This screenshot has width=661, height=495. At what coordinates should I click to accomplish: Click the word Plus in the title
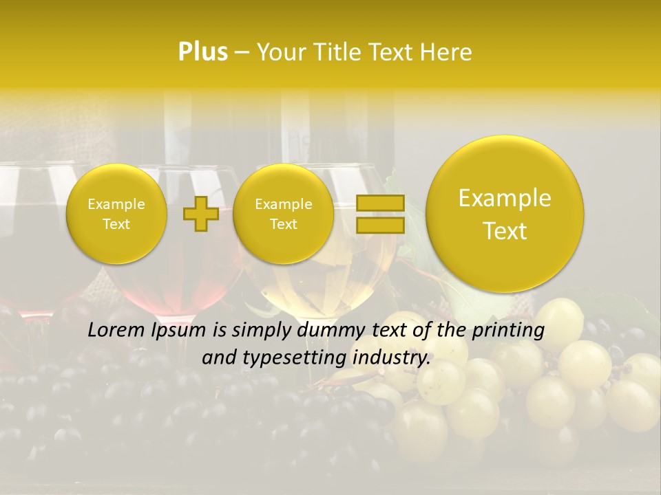pyautogui.click(x=202, y=52)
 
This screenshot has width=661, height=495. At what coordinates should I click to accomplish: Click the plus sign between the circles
pyautogui.click(x=201, y=214)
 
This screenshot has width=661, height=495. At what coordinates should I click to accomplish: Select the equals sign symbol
pyautogui.click(x=379, y=214)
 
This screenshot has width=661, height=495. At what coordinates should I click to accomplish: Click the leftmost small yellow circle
pyautogui.click(x=116, y=214)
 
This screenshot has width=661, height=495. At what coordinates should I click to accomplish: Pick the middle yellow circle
pyautogui.click(x=283, y=214)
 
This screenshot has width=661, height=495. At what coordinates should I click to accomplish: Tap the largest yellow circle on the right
pyautogui.click(x=505, y=214)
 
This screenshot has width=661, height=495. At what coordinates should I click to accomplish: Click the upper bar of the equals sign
pyautogui.click(x=379, y=203)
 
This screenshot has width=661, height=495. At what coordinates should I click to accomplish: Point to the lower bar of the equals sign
pyautogui.click(x=379, y=225)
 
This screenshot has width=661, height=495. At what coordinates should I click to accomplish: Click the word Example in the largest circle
pyautogui.click(x=505, y=198)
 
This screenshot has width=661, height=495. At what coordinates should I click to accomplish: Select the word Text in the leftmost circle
pyautogui.click(x=116, y=224)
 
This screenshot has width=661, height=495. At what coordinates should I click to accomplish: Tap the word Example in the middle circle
pyautogui.click(x=283, y=204)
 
